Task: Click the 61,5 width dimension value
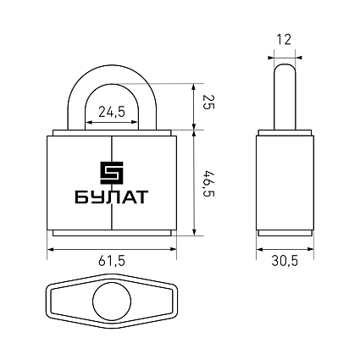(111, 261)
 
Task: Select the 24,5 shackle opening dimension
(112, 112)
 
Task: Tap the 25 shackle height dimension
(209, 102)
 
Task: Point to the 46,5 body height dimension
(209, 184)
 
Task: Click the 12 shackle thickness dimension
(284, 40)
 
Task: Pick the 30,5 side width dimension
(285, 261)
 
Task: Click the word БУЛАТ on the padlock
(112, 197)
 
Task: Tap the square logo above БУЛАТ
(112, 173)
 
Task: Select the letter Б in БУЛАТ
(80, 197)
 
